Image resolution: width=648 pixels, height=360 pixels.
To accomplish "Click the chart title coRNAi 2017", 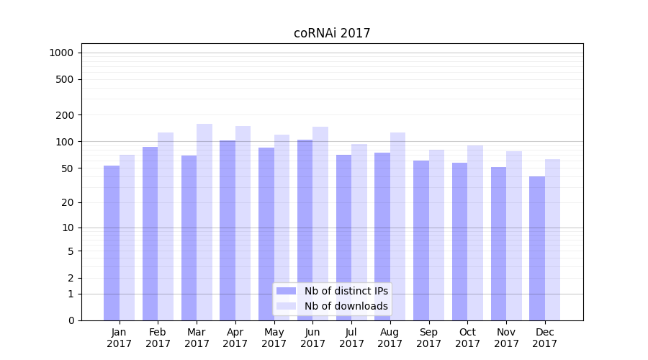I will click(332, 33).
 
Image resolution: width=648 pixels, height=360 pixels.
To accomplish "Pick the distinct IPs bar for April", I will click(228, 230).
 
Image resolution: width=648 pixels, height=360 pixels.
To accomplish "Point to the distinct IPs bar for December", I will click(537, 248).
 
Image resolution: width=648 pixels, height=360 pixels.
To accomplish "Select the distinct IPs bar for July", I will click(343, 238).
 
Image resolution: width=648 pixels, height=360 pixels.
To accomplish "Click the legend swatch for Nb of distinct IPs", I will click(286, 291).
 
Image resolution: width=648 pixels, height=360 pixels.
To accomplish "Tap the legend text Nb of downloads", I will click(346, 306).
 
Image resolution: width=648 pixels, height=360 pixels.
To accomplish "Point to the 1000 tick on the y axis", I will click(61, 53).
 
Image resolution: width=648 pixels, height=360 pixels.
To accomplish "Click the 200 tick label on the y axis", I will click(64, 115).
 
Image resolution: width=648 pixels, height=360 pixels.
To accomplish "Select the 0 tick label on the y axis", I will click(71, 320).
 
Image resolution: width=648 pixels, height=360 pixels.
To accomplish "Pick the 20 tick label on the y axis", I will click(67, 202).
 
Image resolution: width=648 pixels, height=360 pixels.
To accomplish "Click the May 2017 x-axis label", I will click(274, 338).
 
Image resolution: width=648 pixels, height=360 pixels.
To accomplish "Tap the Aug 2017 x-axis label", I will click(390, 338).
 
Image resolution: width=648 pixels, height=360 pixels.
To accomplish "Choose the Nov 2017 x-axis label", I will click(506, 338).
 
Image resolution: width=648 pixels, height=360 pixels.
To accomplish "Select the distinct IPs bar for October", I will click(459, 241).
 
